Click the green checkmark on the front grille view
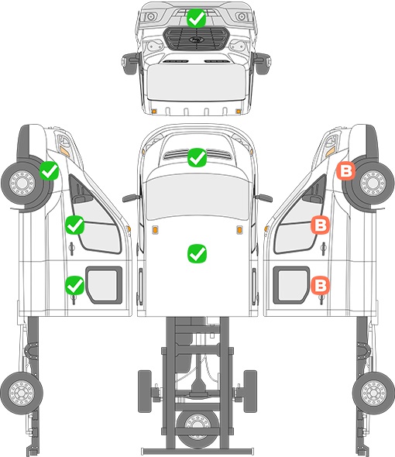click(197, 18)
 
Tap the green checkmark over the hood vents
click(197, 157)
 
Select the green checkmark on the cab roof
click(197, 253)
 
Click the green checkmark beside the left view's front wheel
click(50, 170)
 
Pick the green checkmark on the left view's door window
click(75, 225)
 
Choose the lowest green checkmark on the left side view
click(75, 285)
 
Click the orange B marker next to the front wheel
click(346, 171)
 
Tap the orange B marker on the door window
click(321, 225)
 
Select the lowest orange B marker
click(321, 285)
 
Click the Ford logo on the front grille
click(195, 40)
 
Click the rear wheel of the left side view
click(21, 393)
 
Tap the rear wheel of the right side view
click(374, 393)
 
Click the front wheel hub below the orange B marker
click(373, 184)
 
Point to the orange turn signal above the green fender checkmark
click(64, 151)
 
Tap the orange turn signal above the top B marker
click(330, 151)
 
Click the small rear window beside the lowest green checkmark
click(104, 285)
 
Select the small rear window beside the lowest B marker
click(291, 285)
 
